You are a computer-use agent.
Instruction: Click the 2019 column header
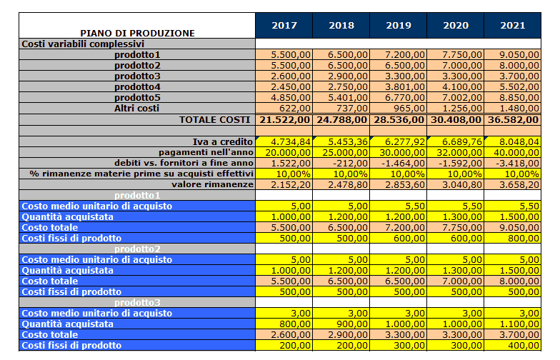399,26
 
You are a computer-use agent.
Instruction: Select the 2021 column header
513,26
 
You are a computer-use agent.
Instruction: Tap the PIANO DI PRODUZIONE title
137,33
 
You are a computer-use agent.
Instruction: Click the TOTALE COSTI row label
214,120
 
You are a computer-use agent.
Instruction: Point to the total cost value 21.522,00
284,120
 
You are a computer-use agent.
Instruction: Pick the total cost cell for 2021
513,120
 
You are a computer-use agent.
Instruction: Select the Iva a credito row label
223,141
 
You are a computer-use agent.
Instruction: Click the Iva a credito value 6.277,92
405,141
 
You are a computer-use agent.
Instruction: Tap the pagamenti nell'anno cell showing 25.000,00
345,153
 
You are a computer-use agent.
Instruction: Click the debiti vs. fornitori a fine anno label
184,163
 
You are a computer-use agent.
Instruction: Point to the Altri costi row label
137,109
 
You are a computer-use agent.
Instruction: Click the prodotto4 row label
137,87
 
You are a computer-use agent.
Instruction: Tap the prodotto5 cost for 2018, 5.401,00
348,97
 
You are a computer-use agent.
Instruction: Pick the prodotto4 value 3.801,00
405,87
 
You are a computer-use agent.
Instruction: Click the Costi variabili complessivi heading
83,44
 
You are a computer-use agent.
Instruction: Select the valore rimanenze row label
213,184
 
